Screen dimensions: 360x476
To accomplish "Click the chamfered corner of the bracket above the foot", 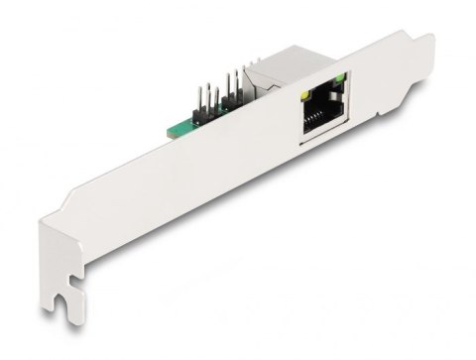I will [x=44, y=238].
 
